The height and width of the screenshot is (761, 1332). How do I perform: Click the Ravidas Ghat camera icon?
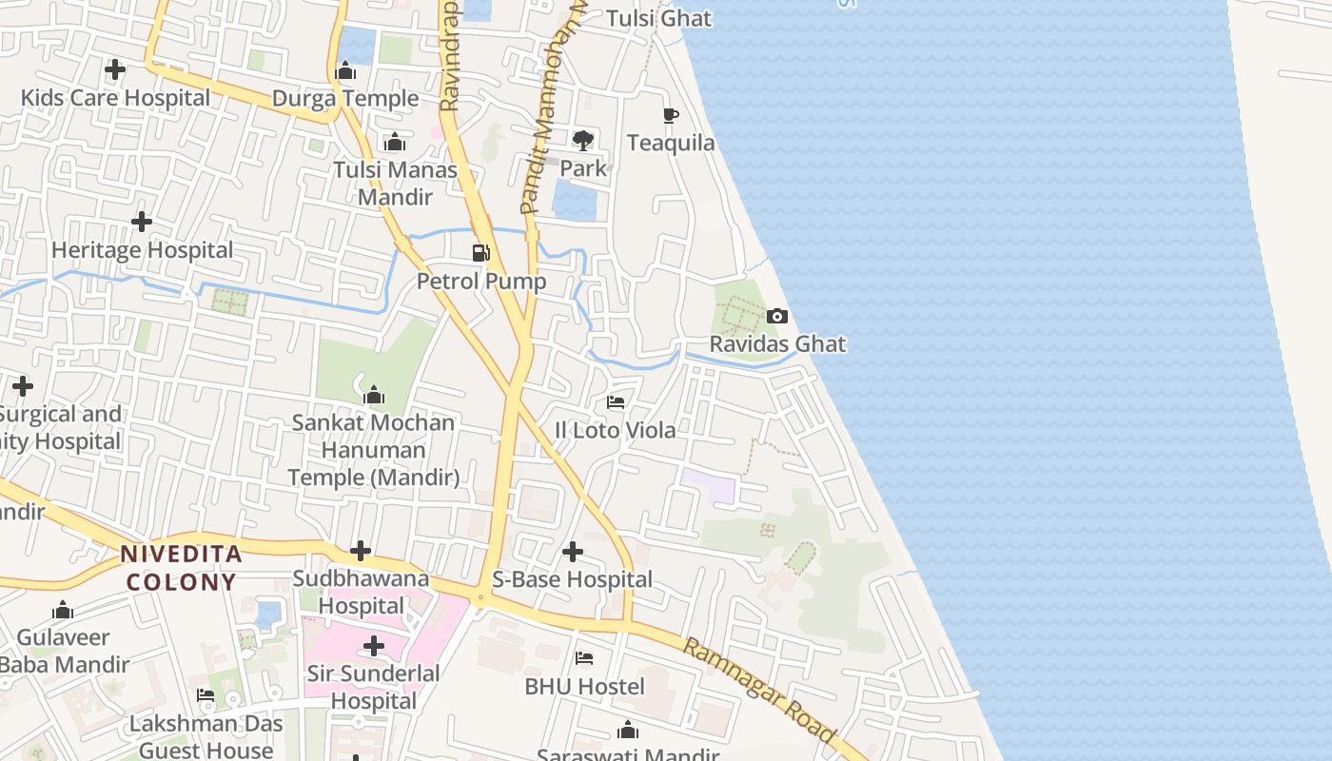pyautogui.click(x=776, y=316)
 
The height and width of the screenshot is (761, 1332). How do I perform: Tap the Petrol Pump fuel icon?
pyautogui.click(x=481, y=253)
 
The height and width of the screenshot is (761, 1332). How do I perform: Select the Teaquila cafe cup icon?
pyautogui.click(x=671, y=115)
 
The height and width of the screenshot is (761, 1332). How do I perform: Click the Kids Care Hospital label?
pyautogui.click(x=115, y=98)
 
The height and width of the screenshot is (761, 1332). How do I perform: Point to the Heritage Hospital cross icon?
pyautogui.click(x=142, y=222)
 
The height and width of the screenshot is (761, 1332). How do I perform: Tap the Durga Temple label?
pyautogui.click(x=345, y=99)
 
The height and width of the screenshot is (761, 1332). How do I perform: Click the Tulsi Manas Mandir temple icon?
pyautogui.click(x=394, y=143)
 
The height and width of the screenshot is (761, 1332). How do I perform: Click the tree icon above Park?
pyautogui.click(x=583, y=141)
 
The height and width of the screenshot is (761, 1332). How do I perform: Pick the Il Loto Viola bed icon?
pyautogui.click(x=616, y=402)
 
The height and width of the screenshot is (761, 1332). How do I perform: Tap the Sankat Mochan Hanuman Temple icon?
pyautogui.click(x=374, y=395)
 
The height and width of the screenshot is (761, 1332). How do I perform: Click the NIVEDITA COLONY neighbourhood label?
pyautogui.click(x=181, y=568)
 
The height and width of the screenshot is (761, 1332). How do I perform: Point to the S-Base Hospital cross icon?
pyautogui.click(x=573, y=552)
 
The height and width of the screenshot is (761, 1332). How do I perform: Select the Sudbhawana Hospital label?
pyautogui.click(x=361, y=592)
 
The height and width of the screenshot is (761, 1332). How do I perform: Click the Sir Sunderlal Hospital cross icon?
pyautogui.click(x=374, y=647)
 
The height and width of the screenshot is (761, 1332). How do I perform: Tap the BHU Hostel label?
pyautogui.click(x=584, y=686)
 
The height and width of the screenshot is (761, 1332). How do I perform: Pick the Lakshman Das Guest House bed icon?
pyautogui.click(x=206, y=695)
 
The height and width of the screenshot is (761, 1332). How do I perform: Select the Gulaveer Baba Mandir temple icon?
pyautogui.click(x=63, y=610)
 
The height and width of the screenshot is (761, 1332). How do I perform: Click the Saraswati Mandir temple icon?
pyautogui.click(x=628, y=731)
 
